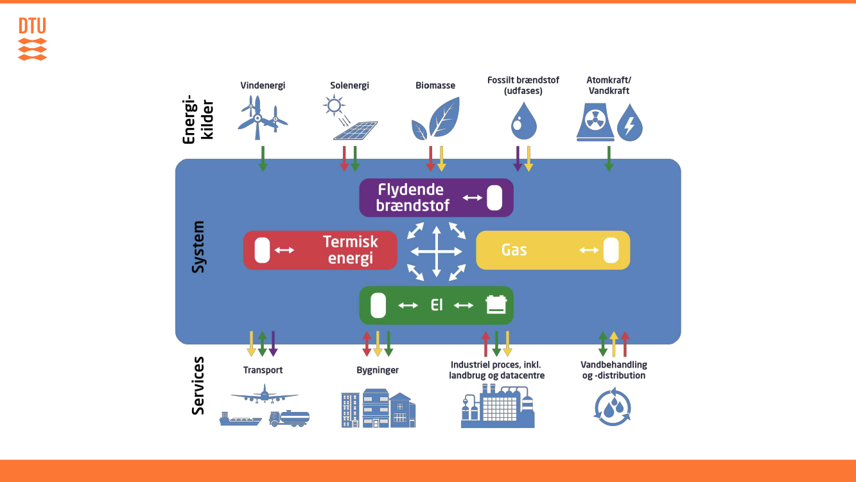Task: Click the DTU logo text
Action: [x=32, y=26]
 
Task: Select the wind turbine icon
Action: [x=262, y=118]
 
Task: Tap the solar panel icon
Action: [x=354, y=129]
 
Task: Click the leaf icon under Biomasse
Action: [x=436, y=118]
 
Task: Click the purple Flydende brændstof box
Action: [x=436, y=197]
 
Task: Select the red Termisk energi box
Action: [x=320, y=250]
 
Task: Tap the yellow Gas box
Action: [x=552, y=250]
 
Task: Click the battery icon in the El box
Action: [x=496, y=305]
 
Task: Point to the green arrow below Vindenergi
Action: [x=263, y=158]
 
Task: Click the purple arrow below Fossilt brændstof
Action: [x=518, y=158]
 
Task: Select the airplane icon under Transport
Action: [x=264, y=394]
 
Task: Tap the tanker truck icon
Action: [x=289, y=418]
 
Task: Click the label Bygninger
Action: [x=378, y=370]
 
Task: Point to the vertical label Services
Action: [x=198, y=385]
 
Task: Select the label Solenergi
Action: [x=349, y=85]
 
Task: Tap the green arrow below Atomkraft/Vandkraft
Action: [x=609, y=158]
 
